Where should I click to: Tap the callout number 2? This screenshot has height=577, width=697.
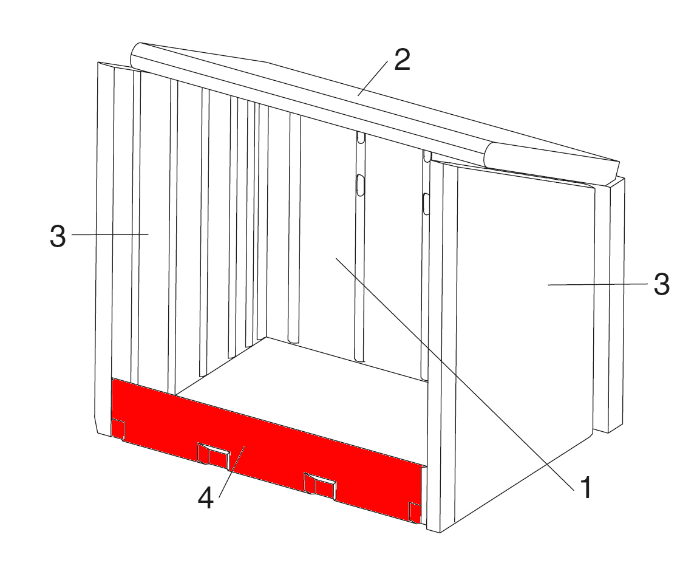tap(402, 60)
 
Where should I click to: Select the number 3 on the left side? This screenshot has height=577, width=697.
tap(58, 236)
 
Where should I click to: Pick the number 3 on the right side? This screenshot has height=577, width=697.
tap(661, 284)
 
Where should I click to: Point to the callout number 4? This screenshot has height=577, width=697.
tap(206, 497)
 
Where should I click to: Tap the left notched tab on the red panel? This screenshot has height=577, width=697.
tap(213, 456)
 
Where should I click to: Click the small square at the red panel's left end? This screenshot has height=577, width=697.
tap(118, 429)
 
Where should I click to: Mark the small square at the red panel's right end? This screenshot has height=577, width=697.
tap(415, 513)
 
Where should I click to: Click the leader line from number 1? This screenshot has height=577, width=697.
tap(455, 372)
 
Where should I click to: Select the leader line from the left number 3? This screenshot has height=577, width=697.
tap(110, 234)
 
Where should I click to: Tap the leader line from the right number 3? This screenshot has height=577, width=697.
tap(597, 284)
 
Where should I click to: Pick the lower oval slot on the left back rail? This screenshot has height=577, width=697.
tap(361, 184)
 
